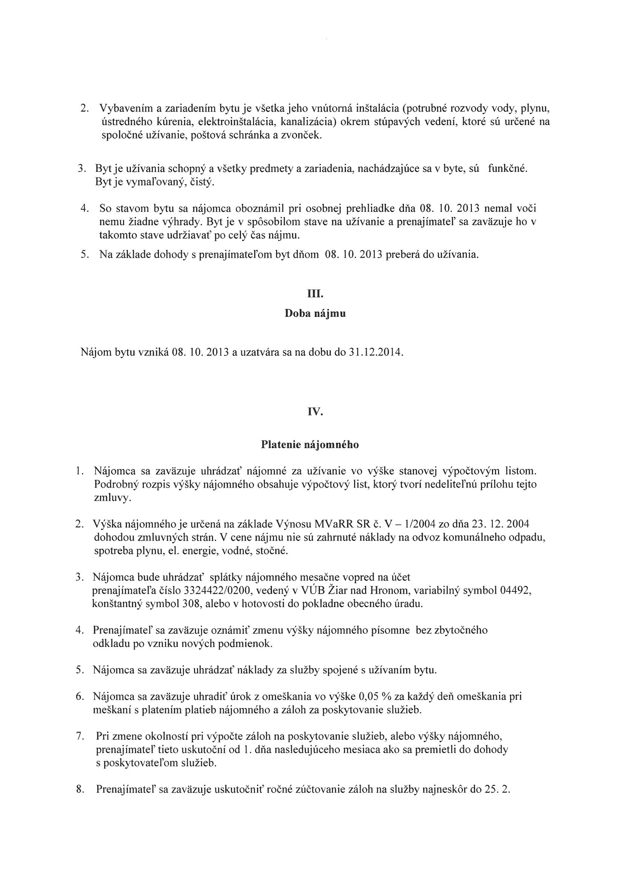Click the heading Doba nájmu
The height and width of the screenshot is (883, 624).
click(x=315, y=314)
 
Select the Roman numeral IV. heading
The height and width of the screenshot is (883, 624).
click(x=315, y=412)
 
